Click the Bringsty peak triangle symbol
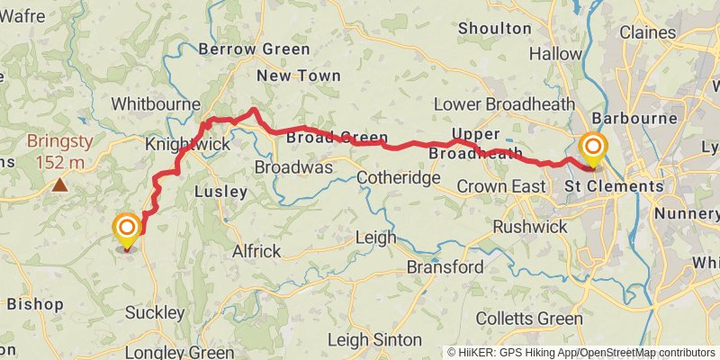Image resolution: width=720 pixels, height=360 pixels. (x=59, y=185)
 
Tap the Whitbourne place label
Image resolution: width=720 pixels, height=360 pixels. (x=155, y=104)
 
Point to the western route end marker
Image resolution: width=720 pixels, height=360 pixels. (x=127, y=229)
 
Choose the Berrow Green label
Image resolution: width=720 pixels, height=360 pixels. (x=255, y=49)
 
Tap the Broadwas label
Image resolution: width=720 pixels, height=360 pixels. (x=294, y=168)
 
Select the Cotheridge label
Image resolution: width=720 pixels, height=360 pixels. (x=398, y=178)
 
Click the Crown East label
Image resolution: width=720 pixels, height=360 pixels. (x=500, y=186)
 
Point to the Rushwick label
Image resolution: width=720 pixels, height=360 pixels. (x=530, y=227)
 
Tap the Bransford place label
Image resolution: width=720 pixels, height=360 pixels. (x=445, y=267)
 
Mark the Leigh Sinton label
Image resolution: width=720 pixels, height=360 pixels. (x=373, y=339)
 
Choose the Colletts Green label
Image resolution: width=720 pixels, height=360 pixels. (x=528, y=319)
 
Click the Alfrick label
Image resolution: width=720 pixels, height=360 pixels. (x=256, y=251)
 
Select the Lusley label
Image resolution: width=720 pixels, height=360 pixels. (x=220, y=192)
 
